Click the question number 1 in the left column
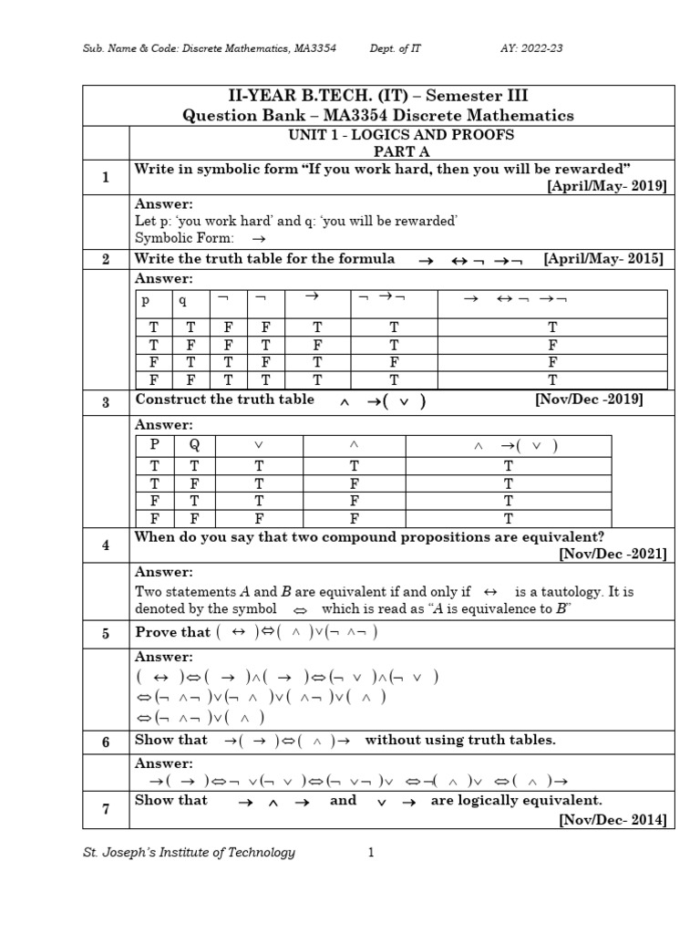(106, 177)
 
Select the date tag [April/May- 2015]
(603, 259)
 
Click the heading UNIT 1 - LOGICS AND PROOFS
(401, 135)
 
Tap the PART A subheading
(401, 150)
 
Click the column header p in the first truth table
(143, 300)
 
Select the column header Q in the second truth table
(194, 445)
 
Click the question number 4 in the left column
(106, 545)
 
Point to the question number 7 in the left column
(106, 810)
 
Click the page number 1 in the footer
(371, 853)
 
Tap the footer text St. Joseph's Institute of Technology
(189, 853)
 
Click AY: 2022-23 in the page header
(531, 47)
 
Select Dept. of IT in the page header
(396, 47)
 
